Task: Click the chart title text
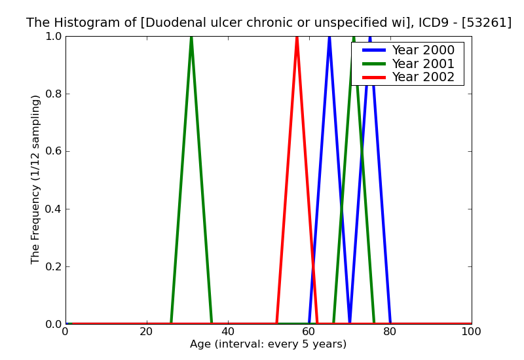coord(269,23)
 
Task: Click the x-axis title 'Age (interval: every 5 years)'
coord(268,344)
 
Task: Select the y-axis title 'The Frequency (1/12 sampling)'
coord(36,179)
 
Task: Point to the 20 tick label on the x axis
coord(147,332)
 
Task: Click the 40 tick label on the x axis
coord(228,332)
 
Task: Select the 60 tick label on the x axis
coord(309,332)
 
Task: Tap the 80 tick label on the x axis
coord(390,332)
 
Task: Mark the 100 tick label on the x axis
coord(471,332)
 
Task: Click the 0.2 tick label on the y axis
coord(52,266)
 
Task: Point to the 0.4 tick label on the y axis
coord(52,209)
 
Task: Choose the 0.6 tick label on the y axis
coord(52,151)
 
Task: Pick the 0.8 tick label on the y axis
coord(52,94)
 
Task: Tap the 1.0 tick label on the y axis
coord(52,37)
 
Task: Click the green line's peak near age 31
coord(191,37)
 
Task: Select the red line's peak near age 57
coord(297,37)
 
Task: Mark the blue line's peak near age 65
coord(329,37)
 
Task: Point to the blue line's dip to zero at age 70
coord(350,323)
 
